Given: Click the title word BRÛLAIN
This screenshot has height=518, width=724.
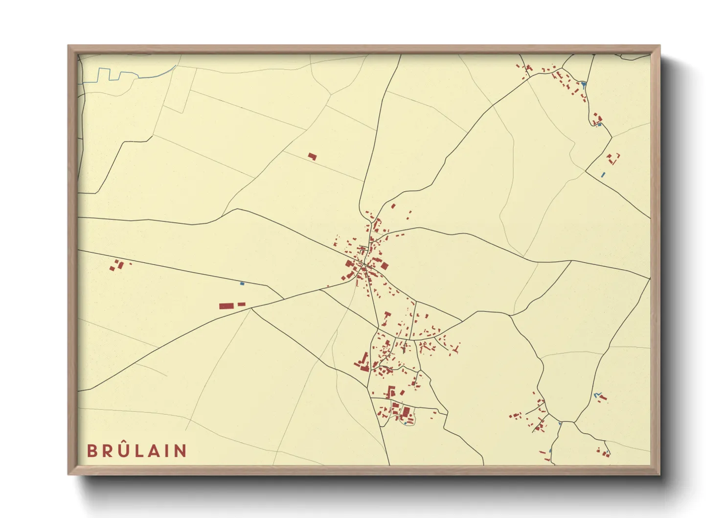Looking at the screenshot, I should [136, 450].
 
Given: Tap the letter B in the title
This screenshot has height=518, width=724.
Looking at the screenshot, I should [91, 451].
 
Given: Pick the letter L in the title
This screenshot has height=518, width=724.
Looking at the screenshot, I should [137, 451].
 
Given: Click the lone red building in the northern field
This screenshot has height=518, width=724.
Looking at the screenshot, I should [312, 157].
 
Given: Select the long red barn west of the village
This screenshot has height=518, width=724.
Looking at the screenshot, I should [226, 306].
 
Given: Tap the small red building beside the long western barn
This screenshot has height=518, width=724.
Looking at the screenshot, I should [241, 304].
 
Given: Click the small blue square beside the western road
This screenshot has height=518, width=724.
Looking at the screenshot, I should [242, 283].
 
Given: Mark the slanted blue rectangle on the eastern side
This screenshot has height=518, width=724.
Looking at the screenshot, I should [603, 174].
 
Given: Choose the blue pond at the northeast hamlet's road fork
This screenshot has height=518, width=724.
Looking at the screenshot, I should [584, 85].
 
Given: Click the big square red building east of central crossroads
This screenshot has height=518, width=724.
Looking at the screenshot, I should [384, 266].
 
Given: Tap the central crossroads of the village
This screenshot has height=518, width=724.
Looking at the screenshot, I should [363, 266].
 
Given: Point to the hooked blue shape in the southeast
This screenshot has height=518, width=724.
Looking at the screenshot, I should [596, 395].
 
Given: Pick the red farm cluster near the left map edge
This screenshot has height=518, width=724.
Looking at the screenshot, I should [117, 265].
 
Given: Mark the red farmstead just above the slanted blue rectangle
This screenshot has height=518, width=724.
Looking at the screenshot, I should [612, 158].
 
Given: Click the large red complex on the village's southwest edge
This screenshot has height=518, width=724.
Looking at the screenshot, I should [363, 362].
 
